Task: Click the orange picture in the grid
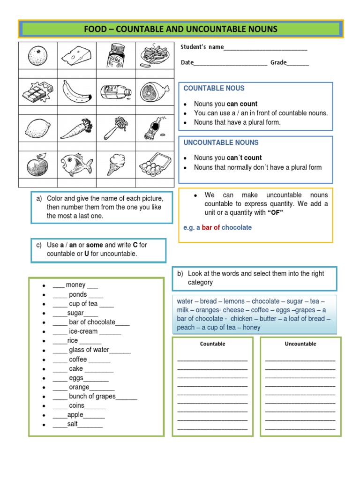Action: (37, 56)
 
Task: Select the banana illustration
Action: (76, 91)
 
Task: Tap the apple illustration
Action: (37, 165)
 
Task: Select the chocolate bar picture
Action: (37, 91)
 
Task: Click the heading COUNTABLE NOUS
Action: (214, 88)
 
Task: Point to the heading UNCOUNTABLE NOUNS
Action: (221, 142)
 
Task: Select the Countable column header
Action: (213, 344)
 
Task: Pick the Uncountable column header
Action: (300, 344)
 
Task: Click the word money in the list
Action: (75, 285)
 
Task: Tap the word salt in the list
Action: (73, 424)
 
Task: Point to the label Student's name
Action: (202, 47)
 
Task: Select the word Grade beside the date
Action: (278, 62)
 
